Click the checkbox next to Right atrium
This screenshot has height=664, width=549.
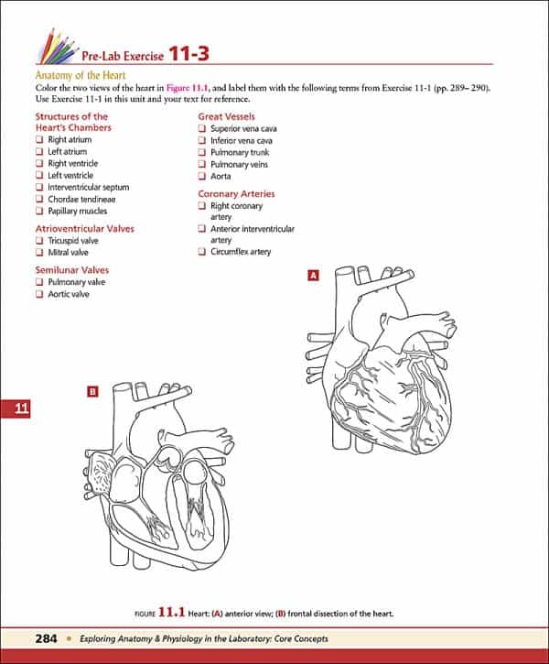click(x=39, y=140)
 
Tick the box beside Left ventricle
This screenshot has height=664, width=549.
click(x=39, y=175)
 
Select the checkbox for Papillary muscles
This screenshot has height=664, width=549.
click(x=39, y=211)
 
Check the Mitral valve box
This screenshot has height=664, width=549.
click(x=39, y=252)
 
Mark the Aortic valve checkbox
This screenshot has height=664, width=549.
click(x=39, y=295)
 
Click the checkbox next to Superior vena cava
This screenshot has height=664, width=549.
click(x=202, y=129)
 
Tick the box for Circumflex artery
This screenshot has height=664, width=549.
click(x=202, y=252)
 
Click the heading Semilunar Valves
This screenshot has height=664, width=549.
click(x=71, y=270)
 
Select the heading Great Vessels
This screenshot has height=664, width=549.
click(x=229, y=116)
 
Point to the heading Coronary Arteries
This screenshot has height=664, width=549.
click(x=236, y=194)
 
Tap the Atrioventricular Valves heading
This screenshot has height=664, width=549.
click(x=84, y=228)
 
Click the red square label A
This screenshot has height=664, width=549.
click(x=314, y=275)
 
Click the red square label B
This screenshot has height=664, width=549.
click(x=91, y=392)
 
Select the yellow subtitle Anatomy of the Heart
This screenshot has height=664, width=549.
click(x=80, y=76)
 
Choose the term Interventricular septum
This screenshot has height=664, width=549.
click(x=88, y=187)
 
